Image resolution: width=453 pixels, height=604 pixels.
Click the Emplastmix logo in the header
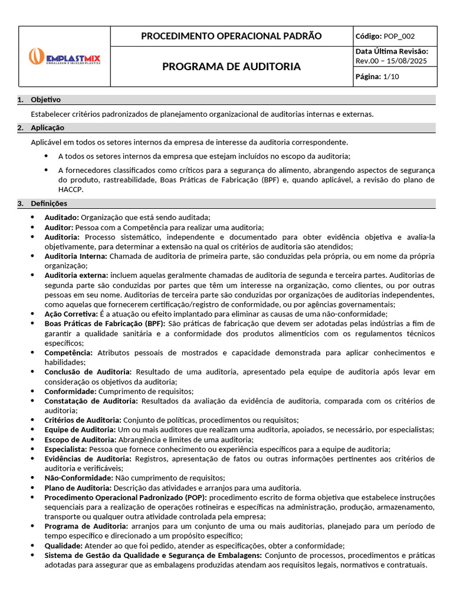(x=65, y=57)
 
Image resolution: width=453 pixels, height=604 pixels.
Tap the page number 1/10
(x=390, y=77)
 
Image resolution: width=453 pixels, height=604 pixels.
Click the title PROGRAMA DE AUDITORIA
(x=231, y=67)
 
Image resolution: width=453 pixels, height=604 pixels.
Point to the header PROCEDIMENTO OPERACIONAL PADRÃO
(x=231, y=36)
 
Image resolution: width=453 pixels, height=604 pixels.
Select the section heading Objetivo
(x=45, y=100)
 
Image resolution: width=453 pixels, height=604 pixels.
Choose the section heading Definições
(x=49, y=203)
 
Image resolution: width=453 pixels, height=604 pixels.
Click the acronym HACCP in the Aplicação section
(x=71, y=189)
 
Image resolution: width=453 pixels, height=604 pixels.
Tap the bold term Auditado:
(x=61, y=218)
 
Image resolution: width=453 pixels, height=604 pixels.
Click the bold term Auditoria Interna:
(x=75, y=256)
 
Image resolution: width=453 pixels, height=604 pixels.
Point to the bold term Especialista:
(x=65, y=449)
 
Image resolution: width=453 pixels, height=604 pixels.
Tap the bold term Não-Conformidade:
(x=78, y=478)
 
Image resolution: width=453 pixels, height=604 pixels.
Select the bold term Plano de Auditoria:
(x=78, y=488)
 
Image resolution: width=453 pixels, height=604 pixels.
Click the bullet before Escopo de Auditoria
(x=32, y=439)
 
